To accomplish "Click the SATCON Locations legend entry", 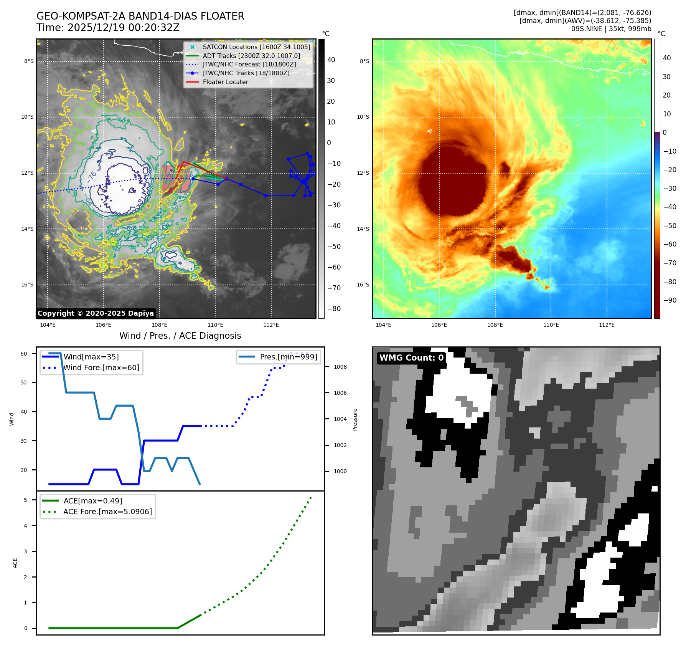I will point(256,47).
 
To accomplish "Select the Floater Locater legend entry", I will point(225,82).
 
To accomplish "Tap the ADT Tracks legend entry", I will point(251,56).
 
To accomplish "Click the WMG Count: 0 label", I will point(411,358).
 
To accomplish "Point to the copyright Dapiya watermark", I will point(96,313).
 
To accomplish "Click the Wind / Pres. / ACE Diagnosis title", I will point(180,336).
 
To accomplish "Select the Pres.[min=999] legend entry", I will point(289,357).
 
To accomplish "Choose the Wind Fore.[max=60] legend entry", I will point(101,368).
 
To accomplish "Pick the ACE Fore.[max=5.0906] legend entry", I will point(107,512).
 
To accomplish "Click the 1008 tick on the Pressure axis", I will point(340,367).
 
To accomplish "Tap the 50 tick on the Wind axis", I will point(24,382).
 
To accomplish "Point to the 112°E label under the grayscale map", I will point(271,325).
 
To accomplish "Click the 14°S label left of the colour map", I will point(363,229).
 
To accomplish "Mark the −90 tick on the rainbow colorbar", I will point(670,300).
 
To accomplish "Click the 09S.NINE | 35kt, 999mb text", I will point(611,29).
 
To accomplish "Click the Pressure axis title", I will point(355,419).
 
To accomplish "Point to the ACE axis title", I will point(15,563).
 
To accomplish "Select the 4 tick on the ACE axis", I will point(26,525).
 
